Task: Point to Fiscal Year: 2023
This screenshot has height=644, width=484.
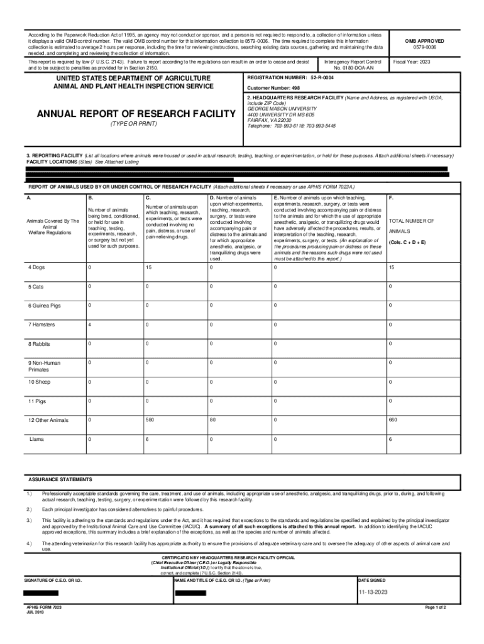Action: (412, 62)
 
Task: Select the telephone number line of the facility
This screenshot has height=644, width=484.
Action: (292, 126)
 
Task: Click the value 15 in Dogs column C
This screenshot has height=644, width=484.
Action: (149, 267)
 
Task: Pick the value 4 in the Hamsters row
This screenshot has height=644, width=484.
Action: (91, 325)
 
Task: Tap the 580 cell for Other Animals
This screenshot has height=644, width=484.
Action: (150, 419)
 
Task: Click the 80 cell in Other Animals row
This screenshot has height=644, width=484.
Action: (213, 419)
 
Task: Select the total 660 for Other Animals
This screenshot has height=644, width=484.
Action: (393, 419)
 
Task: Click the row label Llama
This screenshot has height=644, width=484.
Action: (36, 439)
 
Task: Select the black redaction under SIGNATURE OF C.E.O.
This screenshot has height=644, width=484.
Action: (41, 592)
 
